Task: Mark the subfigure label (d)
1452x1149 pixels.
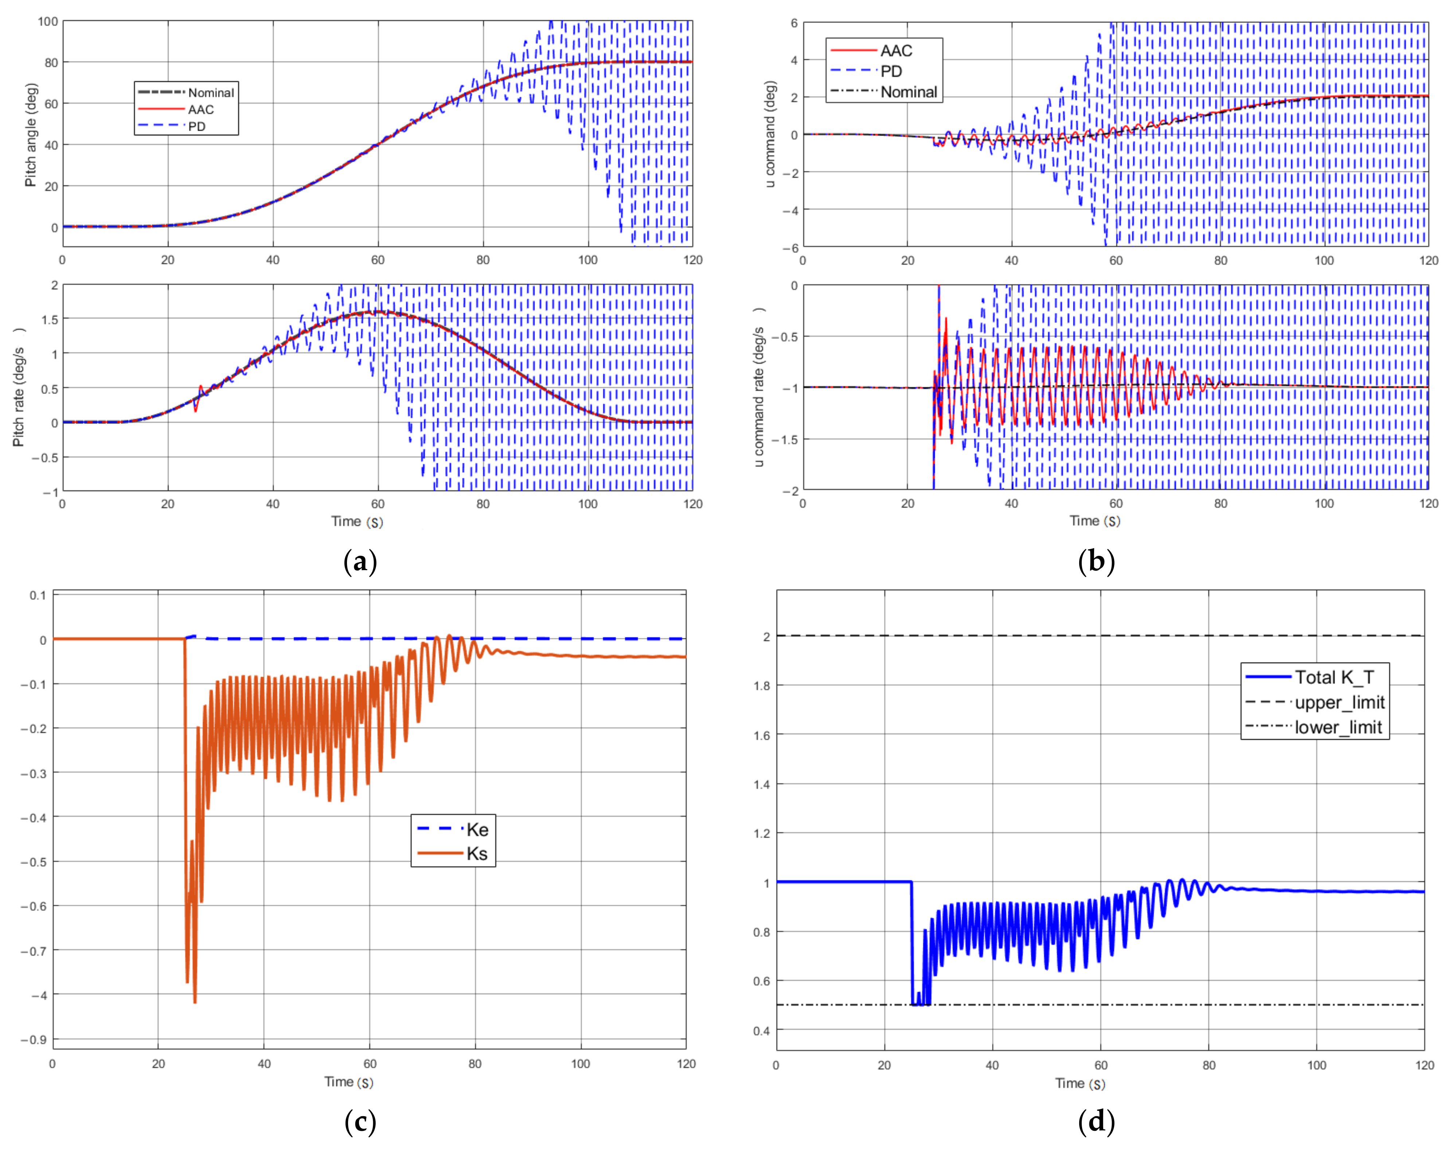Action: point(1096,1121)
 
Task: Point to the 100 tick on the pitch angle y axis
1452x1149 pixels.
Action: point(48,22)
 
